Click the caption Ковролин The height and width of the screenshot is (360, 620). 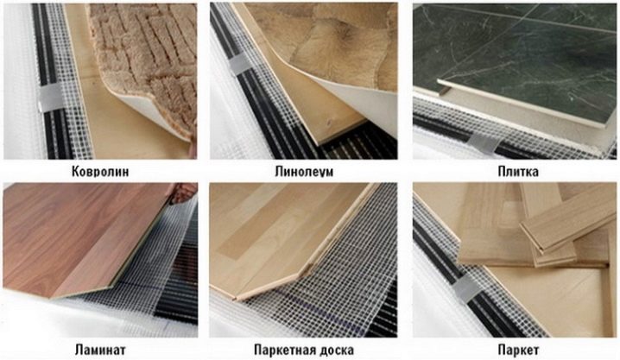100,172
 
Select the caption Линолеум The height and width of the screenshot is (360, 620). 304,172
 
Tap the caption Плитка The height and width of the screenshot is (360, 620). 518,172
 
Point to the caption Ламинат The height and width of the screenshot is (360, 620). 100,350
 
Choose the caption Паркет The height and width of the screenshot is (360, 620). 518,350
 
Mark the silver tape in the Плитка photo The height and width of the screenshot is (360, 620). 484,142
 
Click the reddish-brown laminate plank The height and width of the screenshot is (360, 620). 79,237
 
